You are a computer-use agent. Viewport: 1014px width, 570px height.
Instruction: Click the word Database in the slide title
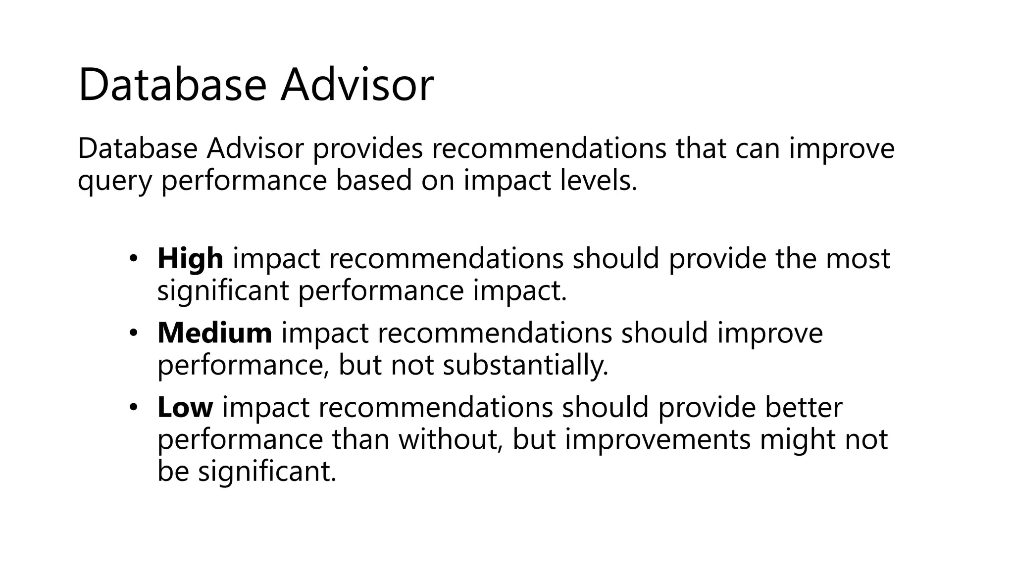click(172, 85)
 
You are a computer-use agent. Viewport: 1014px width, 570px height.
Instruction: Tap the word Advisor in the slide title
click(357, 85)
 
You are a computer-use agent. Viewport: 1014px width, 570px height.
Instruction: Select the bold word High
click(190, 258)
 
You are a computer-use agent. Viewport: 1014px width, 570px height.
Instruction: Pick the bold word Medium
click(214, 332)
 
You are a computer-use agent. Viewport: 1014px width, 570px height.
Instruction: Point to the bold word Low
click(185, 407)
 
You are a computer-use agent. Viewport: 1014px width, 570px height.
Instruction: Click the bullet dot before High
click(133, 258)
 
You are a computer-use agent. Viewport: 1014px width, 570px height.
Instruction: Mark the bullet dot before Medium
click(133, 333)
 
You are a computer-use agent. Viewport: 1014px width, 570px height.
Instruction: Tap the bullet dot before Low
click(133, 407)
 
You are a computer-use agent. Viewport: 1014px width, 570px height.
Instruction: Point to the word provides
click(368, 148)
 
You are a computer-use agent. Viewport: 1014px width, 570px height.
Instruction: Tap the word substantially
click(525, 365)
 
